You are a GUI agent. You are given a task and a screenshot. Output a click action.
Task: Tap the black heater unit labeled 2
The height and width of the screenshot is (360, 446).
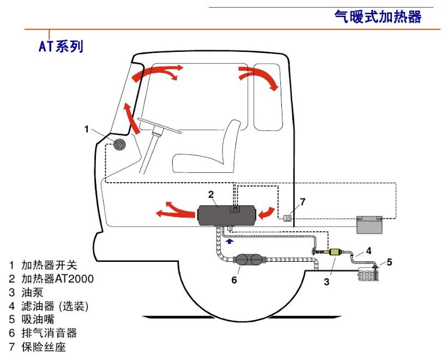[218, 214]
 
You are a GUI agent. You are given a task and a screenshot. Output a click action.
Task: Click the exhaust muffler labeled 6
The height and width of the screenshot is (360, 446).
[249, 261]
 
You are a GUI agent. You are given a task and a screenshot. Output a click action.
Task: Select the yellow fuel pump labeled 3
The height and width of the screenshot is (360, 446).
[333, 253]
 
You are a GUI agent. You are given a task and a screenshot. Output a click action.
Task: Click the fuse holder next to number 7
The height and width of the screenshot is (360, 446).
[288, 218]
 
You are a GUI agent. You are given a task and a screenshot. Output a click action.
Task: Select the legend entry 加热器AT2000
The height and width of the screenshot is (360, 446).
[57, 279]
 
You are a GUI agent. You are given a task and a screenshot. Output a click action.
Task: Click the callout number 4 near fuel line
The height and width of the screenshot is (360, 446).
[368, 251]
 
